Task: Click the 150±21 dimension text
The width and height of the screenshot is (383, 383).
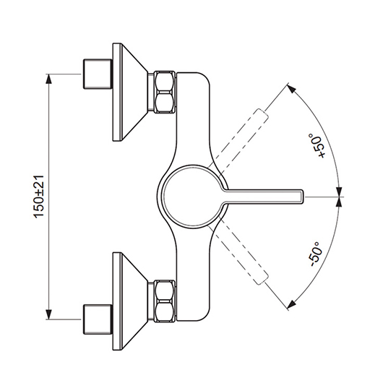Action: point(38,197)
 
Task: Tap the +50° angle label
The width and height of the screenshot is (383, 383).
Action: point(317,145)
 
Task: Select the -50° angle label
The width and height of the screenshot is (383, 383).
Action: point(316,254)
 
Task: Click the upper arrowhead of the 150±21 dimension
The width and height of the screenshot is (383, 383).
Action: point(49,79)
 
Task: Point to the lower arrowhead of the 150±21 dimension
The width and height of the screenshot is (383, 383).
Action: point(49,314)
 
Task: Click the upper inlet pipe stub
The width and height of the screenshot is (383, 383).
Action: point(98,74)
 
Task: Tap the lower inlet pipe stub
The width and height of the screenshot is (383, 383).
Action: point(98,319)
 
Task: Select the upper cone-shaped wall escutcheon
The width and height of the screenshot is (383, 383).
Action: point(130,92)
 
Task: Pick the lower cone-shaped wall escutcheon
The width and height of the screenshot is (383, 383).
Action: point(130,301)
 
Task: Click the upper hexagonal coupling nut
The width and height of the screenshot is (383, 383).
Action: point(165,92)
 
